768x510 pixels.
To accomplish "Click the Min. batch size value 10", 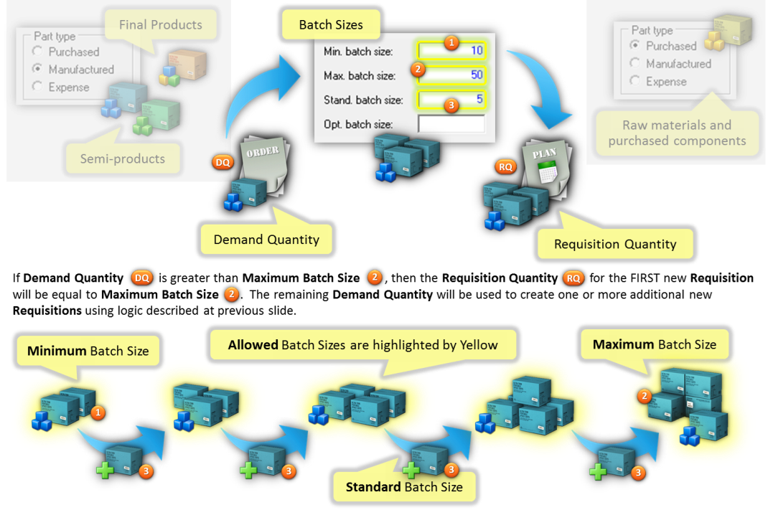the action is pyautogui.click(x=477, y=50).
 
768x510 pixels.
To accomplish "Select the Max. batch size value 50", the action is pyautogui.click(x=477, y=75).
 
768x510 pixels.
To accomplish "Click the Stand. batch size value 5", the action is pyautogui.click(x=479, y=100).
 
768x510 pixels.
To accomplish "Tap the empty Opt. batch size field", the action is pyautogui.click(x=451, y=124).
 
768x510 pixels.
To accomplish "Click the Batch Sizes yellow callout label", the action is pyautogui.click(x=331, y=24).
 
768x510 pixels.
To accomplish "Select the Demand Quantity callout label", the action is pyautogui.click(x=266, y=240).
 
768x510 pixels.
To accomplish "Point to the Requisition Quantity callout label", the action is pyautogui.click(x=615, y=244).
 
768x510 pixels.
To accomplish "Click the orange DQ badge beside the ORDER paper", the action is pyautogui.click(x=223, y=162).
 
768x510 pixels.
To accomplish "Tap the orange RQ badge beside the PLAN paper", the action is pyautogui.click(x=505, y=167).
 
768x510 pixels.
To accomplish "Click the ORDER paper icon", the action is pyautogui.click(x=264, y=166).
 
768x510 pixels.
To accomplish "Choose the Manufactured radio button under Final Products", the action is pyautogui.click(x=37, y=69).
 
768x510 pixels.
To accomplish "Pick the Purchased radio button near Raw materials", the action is pyautogui.click(x=634, y=45).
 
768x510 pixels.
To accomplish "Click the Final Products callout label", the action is pyautogui.click(x=161, y=24).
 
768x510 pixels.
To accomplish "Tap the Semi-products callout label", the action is pyautogui.click(x=123, y=159).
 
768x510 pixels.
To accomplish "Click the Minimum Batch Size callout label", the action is pyautogui.click(x=88, y=351).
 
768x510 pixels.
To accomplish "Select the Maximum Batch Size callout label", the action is pyautogui.click(x=655, y=344).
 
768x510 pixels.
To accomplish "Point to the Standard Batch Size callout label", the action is pyautogui.click(x=404, y=487).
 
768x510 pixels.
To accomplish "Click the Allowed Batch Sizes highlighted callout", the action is pyautogui.click(x=363, y=345).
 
